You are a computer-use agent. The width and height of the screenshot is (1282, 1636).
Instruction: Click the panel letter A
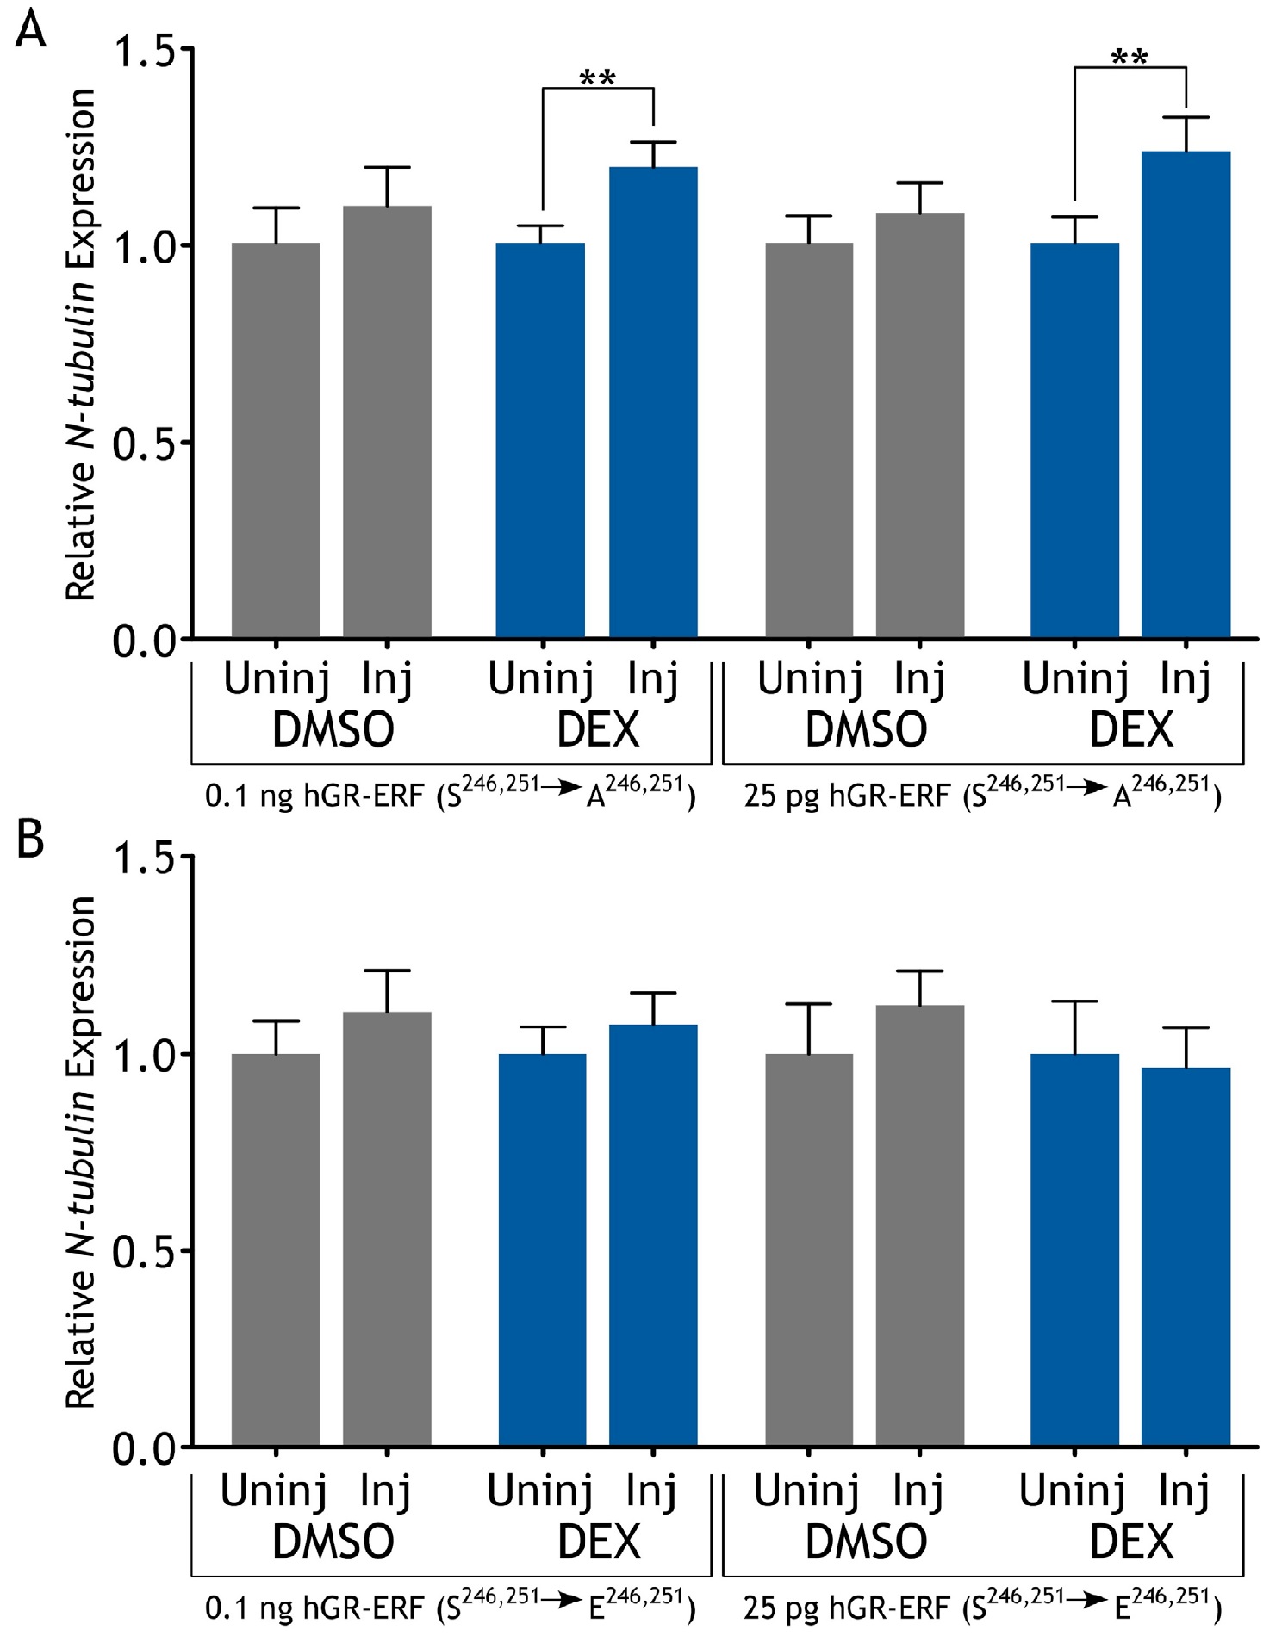[30, 32]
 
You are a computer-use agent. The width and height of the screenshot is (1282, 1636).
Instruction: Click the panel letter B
[30, 840]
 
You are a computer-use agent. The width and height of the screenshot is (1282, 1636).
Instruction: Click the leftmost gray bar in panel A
[276, 441]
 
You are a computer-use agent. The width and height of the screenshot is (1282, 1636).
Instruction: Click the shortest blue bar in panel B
[1186, 1257]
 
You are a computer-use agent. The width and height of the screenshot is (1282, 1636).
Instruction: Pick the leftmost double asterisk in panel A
[597, 79]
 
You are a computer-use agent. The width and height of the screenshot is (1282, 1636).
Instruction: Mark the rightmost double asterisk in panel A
[1129, 59]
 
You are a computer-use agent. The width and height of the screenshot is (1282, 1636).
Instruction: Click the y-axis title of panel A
[81, 344]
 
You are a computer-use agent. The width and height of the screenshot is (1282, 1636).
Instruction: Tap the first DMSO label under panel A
[333, 730]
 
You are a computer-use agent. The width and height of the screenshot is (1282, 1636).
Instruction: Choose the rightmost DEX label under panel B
[1131, 1542]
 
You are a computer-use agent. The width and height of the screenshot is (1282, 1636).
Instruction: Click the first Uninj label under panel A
[276, 679]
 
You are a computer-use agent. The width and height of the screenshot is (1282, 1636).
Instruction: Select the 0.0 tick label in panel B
[145, 1449]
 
